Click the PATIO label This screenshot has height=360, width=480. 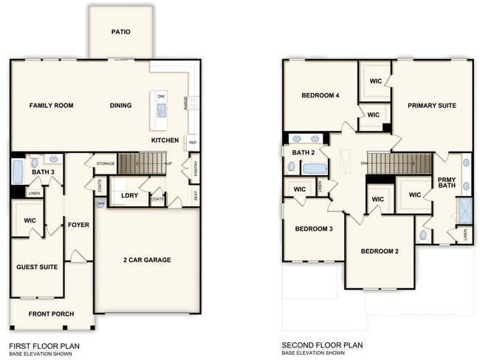(121, 32)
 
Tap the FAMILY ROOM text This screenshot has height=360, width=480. (51, 106)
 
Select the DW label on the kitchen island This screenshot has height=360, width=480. (161, 97)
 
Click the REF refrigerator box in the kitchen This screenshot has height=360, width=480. (193, 143)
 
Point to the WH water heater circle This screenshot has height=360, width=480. (100, 203)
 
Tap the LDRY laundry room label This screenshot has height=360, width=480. (130, 196)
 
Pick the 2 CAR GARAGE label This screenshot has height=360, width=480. (147, 260)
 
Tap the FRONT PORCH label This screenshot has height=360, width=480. (51, 314)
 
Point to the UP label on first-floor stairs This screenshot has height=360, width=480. (169, 163)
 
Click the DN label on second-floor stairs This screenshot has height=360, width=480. (364, 163)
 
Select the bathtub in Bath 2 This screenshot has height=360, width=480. (315, 169)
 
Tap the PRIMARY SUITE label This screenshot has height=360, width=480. (432, 106)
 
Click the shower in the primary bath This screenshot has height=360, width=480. (464, 211)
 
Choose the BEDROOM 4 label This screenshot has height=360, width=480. (320, 95)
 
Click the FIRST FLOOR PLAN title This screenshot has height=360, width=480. (44, 345)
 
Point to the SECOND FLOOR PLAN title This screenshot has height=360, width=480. (322, 345)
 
